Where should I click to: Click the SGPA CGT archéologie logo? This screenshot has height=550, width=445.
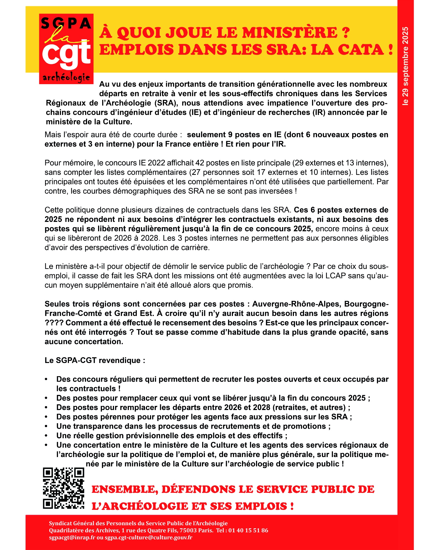(x=66, y=49)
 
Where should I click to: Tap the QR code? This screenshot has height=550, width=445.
(x=63, y=488)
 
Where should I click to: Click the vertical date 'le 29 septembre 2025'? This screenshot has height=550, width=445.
(x=405, y=66)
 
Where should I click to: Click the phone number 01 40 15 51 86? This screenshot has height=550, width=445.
(x=248, y=530)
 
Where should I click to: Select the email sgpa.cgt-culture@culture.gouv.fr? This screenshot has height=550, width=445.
(x=149, y=537)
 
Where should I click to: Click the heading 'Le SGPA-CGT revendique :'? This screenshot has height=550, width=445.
(x=95, y=360)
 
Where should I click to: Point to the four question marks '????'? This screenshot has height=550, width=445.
(x=54, y=323)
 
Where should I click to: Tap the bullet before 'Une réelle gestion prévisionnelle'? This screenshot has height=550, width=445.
(x=46, y=436)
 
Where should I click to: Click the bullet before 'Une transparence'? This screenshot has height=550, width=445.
(x=46, y=426)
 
